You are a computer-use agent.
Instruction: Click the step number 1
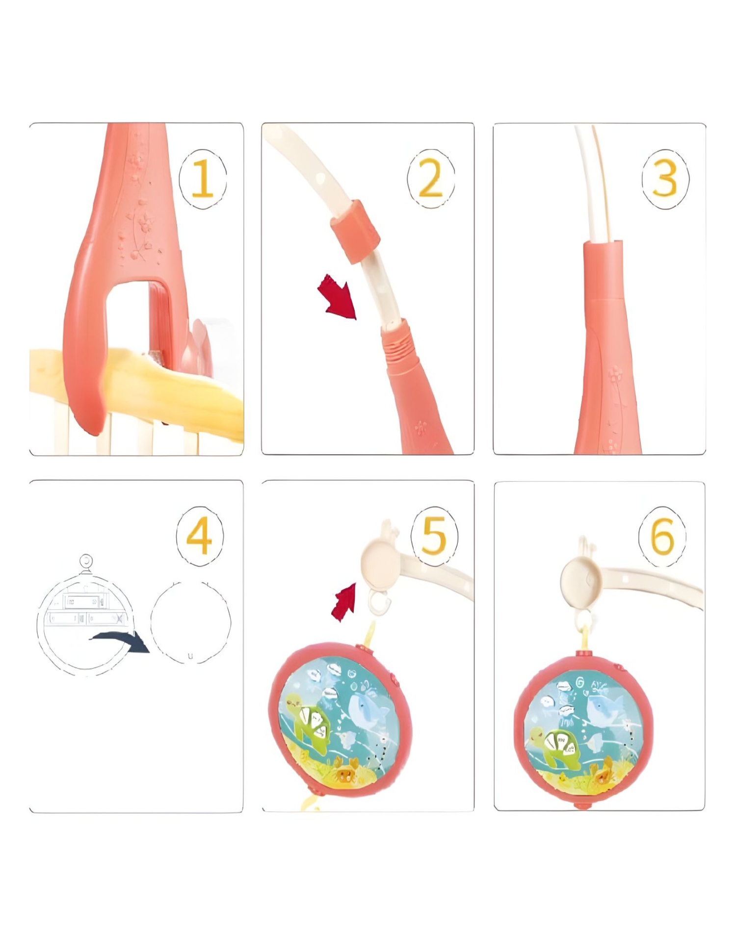(203, 180)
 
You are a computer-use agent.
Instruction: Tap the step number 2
(430, 180)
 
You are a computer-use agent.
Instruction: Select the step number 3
(665, 180)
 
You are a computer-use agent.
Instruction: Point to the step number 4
(199, 536)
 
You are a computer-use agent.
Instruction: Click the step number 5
(434, 536)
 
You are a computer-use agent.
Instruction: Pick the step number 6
(662, 536)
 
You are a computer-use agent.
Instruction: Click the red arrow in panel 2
(338, 297)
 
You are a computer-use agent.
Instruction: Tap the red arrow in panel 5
(344, 602)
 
